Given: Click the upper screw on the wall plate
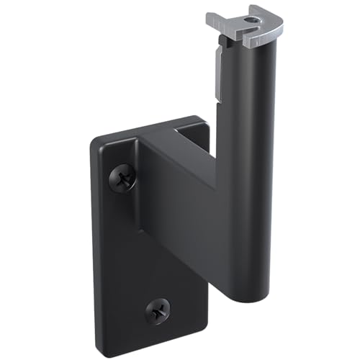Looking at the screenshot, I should tap(123, 176).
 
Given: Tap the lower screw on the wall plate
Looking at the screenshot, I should tap(158, 310).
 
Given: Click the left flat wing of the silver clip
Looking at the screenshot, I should tap(219, 21).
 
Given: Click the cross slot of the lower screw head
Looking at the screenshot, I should tap(158, 310).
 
